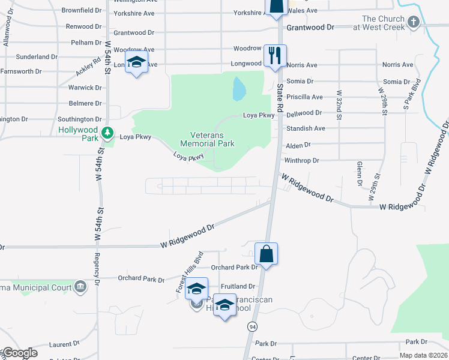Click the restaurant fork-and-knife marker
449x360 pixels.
[x=275, y=56]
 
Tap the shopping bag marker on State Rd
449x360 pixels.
[x=266, y=254]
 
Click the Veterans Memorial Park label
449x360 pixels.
[x=208, y=139]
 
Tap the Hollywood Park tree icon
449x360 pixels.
[x=107, y=132]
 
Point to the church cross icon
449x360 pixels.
[x=412, y=22]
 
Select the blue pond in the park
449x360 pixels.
[x=239, y=89]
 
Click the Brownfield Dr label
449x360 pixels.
[x=82, y=10]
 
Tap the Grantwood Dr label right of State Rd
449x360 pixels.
[x=310, y=28]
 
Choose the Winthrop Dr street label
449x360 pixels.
[x=301, y=161]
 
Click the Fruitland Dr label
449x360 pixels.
[x=238, y=287]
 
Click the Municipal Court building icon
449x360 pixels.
[x=80, y=287]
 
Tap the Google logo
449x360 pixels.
[x=19, y=353]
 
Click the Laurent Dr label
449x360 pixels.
[x=60, y=344]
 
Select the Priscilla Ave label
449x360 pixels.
[x=305, y=97]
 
